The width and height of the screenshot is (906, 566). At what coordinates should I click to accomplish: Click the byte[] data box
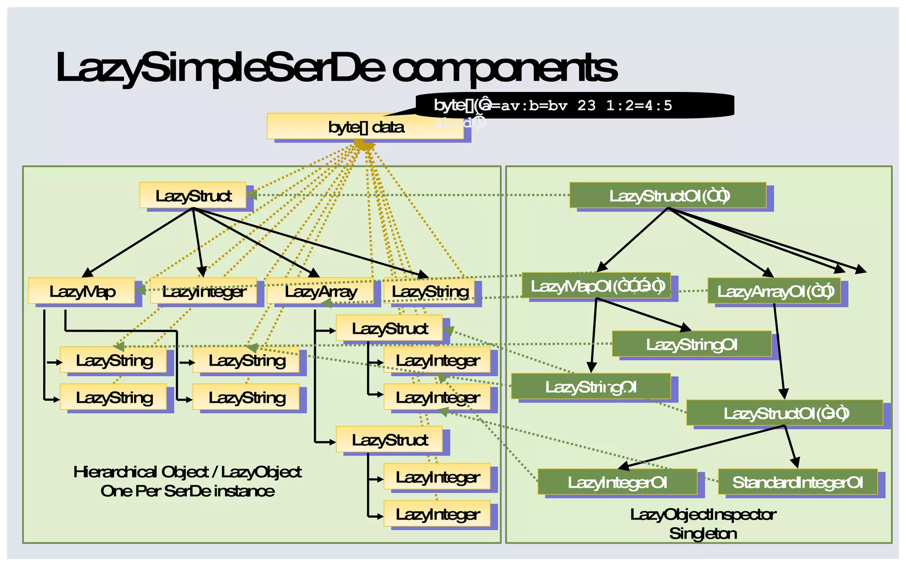coord(365,126)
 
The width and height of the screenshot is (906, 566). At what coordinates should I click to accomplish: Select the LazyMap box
coord(82,291)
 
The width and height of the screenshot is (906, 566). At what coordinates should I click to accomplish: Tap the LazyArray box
coord(320,291)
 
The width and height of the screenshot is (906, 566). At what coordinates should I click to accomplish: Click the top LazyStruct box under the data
coord(193,195)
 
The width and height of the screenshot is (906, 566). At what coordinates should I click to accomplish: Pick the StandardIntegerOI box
coord(798,482)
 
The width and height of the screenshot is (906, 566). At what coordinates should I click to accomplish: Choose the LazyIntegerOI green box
coord(617,482)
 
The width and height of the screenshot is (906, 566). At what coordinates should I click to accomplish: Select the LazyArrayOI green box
coord(774,291)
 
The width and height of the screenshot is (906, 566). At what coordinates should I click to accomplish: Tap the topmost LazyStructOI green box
coord(668,195)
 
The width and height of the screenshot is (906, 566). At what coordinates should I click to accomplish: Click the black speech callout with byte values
coord(575,105)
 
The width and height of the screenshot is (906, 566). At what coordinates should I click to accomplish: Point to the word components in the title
coord(504,67)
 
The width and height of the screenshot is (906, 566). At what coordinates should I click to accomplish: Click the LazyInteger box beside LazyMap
coord(203,291)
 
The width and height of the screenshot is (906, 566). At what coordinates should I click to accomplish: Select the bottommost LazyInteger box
coord(437,514)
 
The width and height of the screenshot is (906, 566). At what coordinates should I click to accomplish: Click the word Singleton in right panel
coord(703,533)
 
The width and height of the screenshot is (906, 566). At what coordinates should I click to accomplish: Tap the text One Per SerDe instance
coord(188,491)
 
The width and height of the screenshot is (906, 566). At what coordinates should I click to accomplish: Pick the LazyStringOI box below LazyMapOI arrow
coord(591,386)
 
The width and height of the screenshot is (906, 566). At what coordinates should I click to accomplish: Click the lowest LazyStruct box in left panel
coord(389,440)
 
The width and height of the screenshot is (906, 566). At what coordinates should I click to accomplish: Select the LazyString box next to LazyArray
coord(429,291)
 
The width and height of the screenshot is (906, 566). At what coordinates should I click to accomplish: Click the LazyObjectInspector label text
coord(703,514)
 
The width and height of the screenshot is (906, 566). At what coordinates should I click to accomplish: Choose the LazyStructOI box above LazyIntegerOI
coord(785,413)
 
